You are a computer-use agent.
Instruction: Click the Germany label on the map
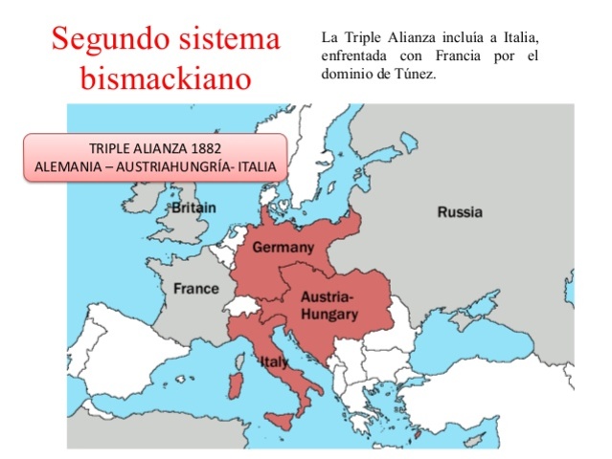coord(283,248)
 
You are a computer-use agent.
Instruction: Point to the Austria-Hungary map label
coord(329,305)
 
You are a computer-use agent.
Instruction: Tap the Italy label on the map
coord(275,361)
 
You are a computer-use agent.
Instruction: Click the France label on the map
coord(195,288)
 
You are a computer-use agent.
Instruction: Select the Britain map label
coord(193,208)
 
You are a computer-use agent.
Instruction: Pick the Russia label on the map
coord(460,212)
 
